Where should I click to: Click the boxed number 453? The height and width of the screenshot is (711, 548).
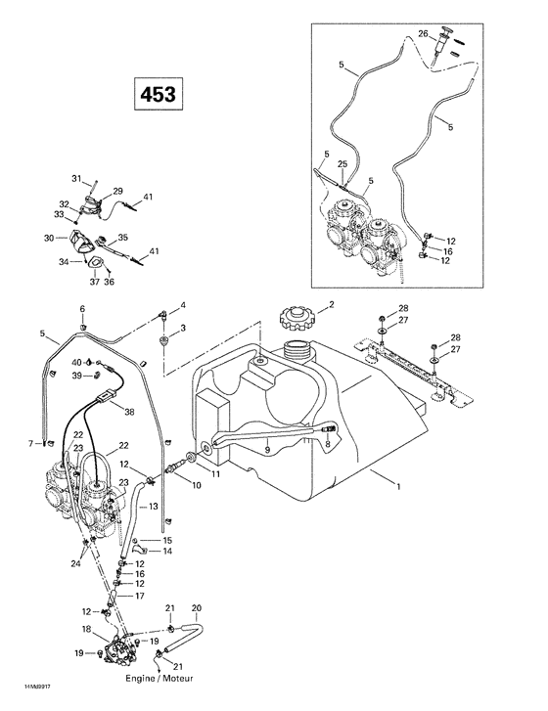click(153, 96)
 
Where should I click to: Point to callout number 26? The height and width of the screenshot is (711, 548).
click(423, 34)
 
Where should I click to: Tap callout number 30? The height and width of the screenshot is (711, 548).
click(49, 238)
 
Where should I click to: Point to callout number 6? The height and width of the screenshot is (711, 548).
click(82, 309)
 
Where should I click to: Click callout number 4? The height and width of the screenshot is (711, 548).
click(181, 306)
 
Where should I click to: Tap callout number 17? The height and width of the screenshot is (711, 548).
click(140, 596)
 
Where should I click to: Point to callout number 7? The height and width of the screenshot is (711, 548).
click(32, 443)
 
